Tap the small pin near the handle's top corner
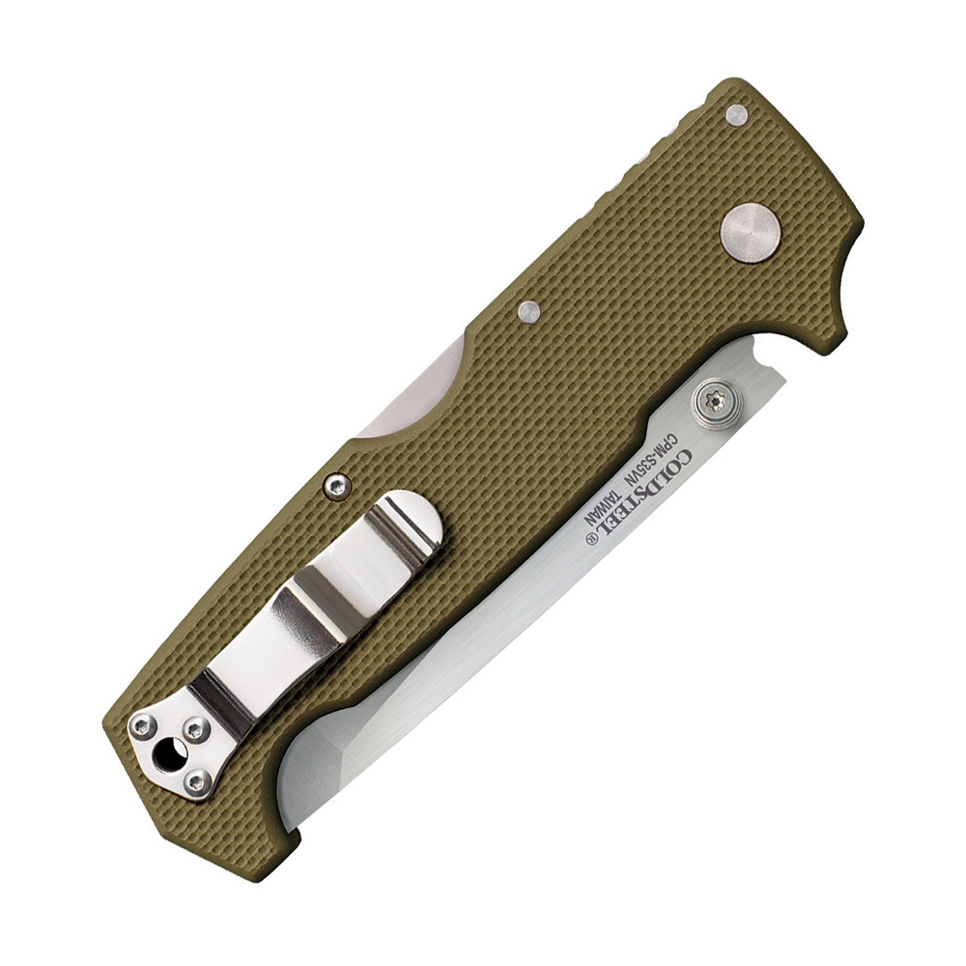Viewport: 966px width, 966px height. tap(736, 117)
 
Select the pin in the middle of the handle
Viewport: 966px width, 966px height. tap(528, 311)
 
